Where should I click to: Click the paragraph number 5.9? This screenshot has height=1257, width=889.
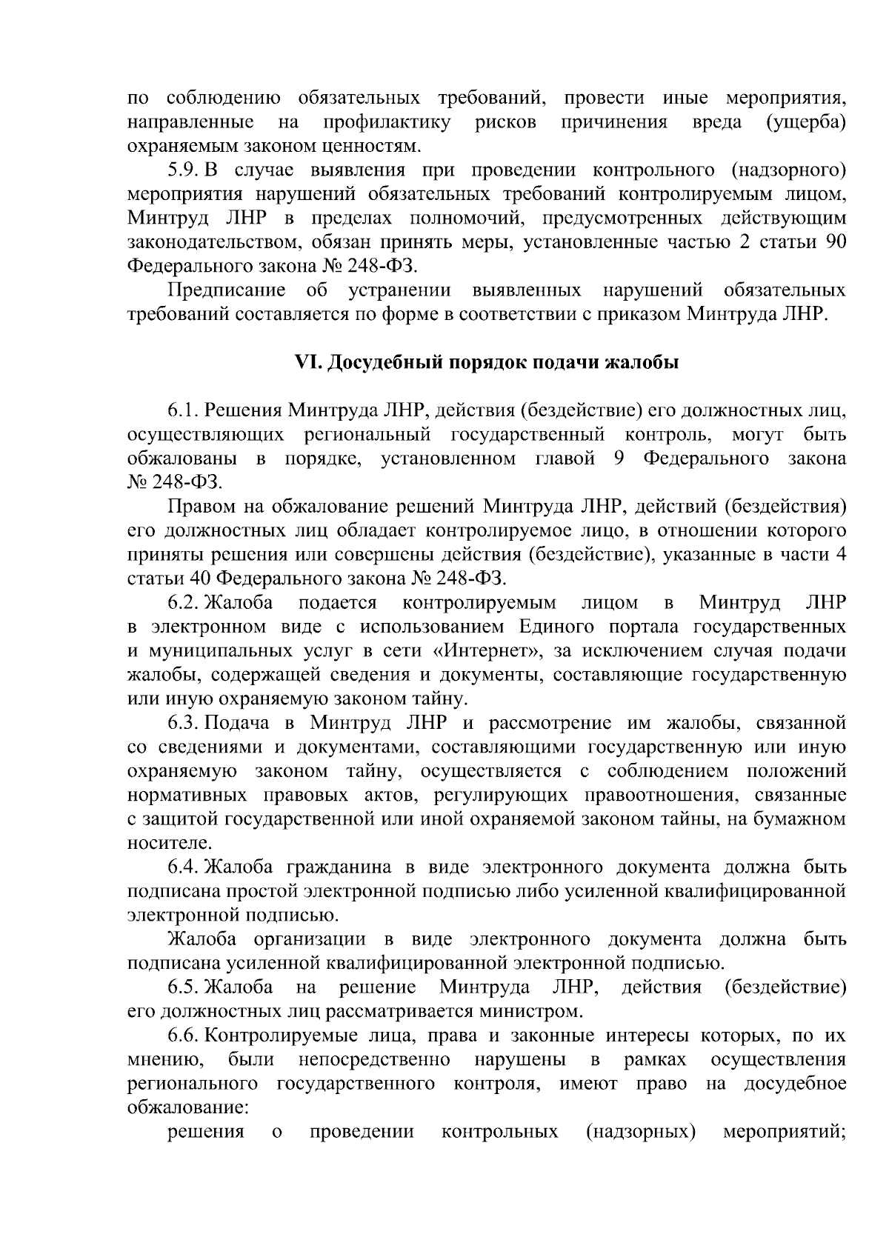[x=181, y=170]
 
